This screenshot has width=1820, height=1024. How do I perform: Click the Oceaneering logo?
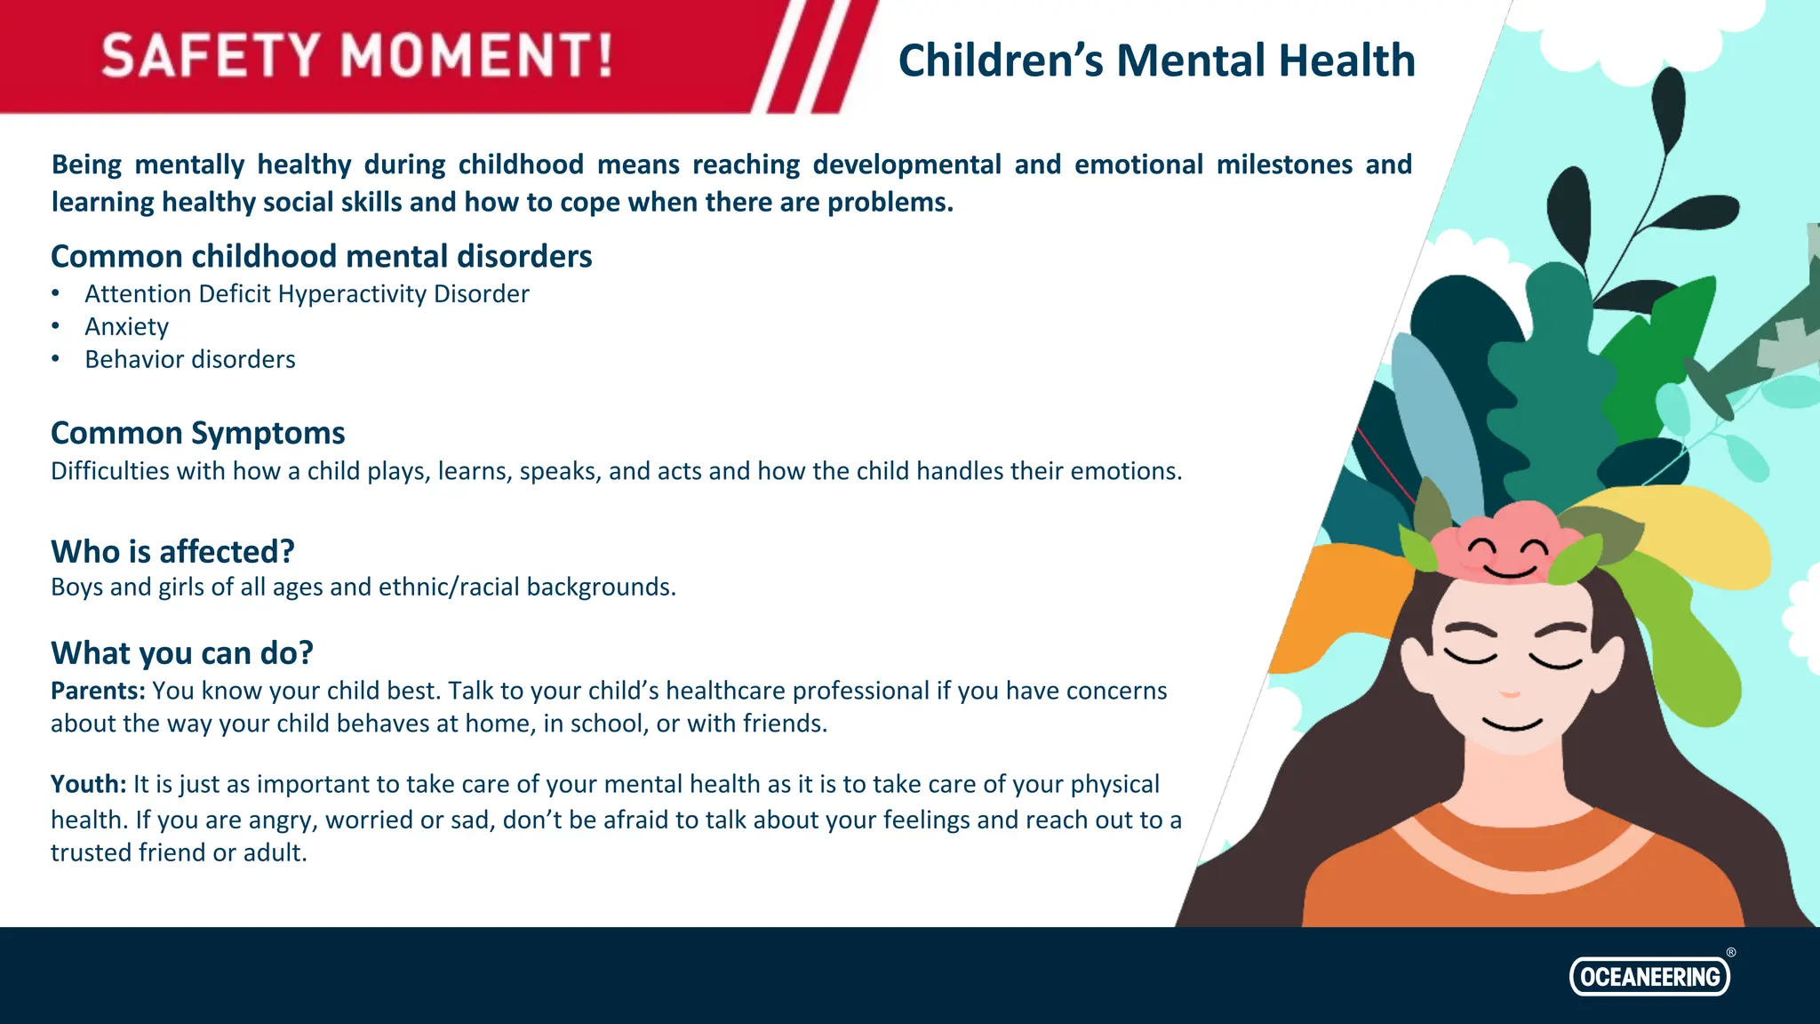(x=1649, y=976)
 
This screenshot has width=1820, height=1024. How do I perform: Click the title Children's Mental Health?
(x=1156, y=60)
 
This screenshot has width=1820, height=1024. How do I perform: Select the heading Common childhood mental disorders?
(x=321, y=256)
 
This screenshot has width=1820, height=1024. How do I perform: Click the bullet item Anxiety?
(x=126, y=327)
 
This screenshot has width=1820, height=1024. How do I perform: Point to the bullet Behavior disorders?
(x=189, y=359)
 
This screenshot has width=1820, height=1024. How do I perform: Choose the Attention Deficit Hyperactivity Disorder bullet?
(x=307, y=294)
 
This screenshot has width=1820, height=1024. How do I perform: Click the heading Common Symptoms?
(x=197, y=433)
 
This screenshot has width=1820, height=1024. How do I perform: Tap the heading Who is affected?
(x=172, y=551)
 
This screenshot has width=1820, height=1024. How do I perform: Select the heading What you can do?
(x=182, y=653)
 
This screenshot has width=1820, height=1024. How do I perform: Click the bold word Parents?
(x=98, y=691)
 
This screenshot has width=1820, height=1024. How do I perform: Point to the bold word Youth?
(x=89, y=784)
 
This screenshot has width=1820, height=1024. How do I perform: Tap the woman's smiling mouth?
(x=1513, y=725)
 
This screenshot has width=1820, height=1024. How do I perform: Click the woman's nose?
(x=1510, y=692)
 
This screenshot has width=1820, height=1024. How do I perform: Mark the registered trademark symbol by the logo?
(x=1731, y=952)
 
